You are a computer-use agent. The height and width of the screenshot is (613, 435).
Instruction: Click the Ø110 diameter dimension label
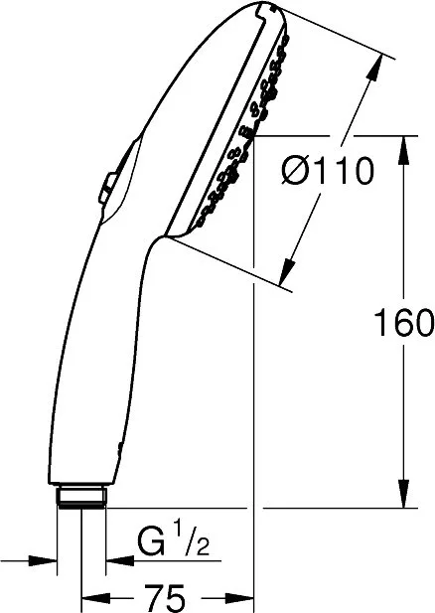(327, 171)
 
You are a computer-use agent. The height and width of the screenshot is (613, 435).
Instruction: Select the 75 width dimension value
(165, 598)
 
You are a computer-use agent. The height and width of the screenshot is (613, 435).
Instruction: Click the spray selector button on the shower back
(108, 187)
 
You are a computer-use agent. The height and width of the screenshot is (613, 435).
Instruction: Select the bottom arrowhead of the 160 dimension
(404, 497)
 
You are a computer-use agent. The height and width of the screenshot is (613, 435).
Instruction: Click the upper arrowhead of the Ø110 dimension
(374, 68)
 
